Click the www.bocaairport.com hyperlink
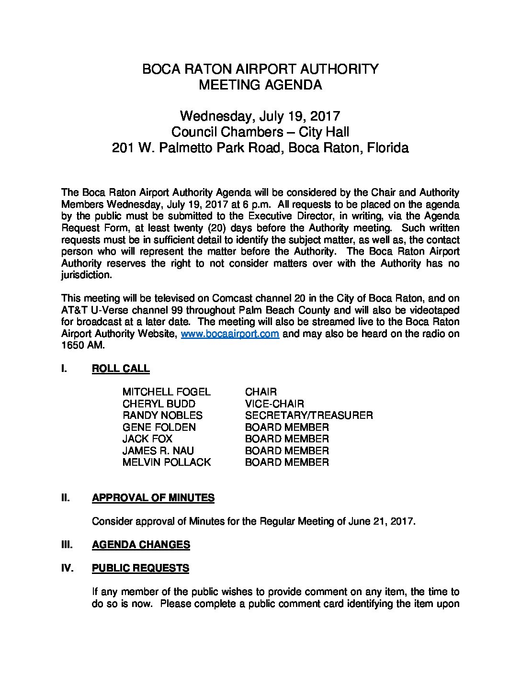pos(229,334)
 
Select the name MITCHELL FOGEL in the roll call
pos(166,392)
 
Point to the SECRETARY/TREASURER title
pos(308,416)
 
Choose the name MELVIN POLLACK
pos(166,462)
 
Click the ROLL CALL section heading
pos(120,369)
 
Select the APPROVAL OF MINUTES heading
pos(153,498)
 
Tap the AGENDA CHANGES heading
pos(141,545)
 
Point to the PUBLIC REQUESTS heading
pos(140,568)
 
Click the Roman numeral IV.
pos(67,568)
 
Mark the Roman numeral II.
pos(66,498)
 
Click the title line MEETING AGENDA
pos(260,85)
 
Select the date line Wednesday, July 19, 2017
pos(260,116)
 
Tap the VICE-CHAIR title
pos(274,404)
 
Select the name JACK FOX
pos(147,439)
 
